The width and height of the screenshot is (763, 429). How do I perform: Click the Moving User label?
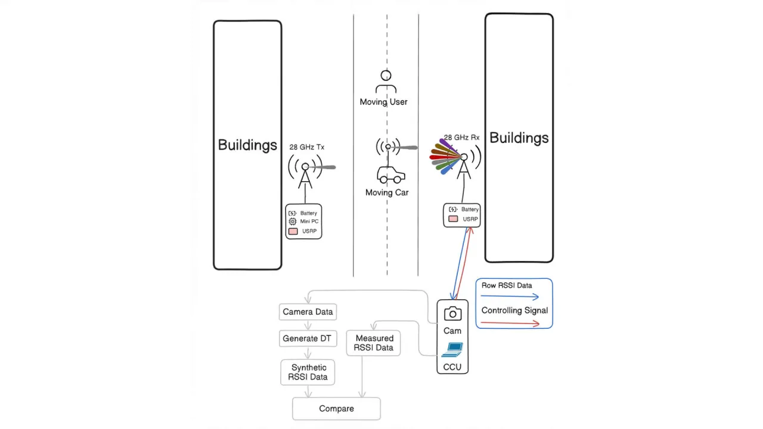pyautogui.click(x=383, y=102)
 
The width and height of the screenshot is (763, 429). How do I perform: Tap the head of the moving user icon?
pyautogui.click(x=386, y=76)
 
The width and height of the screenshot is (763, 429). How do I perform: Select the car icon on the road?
pyautogui.click(x=391, y=175)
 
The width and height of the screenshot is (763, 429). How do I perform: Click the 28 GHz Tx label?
pyautogui.click(x=307, y=147)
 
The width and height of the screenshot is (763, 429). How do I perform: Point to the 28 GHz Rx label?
pyautogui.click(x=461, y=138)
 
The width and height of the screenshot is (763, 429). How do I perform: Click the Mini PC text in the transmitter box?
pyautogui.click(x=309, y=222)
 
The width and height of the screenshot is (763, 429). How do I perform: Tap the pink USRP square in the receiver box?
pyautogui.click(x=453, y=219)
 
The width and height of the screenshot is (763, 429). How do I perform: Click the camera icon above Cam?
pyautogui.click(x=452, y=314)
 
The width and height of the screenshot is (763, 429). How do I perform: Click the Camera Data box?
pyautogui.click(x=308, y=312)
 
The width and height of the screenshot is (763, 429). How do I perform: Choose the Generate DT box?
pyautogui.click(x=307, y=338)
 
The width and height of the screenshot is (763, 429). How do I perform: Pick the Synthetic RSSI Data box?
pyautogui.click(x=308, y=372)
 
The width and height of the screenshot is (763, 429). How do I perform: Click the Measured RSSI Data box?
pyautogui.click(x=374, y=343)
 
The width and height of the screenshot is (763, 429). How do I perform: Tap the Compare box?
pyautogui.click(x=336, y=409)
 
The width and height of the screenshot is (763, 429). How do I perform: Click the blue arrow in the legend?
pyautogui.click(x=510, y=296)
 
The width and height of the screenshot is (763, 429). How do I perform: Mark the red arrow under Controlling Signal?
pyautogui.click(x=510, y=324)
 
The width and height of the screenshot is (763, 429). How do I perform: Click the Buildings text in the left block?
pyautogui.click(x=247, y=145)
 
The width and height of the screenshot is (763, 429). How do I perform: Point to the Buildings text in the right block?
pyautogui.click(x=519, y=138)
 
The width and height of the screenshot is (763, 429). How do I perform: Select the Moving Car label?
pyautogui.click(x=387, y=192)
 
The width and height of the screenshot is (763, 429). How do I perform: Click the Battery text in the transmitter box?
pyautogui.click(x=309, y=213)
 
